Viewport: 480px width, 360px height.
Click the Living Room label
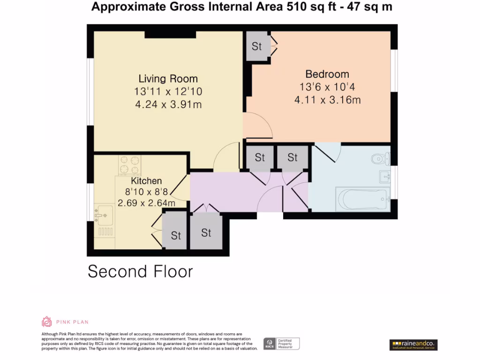coord(168,79)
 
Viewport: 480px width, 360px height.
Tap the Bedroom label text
coord(327,74)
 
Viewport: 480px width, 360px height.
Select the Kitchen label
coord(146,181)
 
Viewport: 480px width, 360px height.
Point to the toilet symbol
coord(380,159)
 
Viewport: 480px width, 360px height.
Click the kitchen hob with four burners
coord(129,165)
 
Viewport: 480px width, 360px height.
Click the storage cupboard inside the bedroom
coord(257,46)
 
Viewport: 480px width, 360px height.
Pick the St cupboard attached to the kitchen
coord(175,235)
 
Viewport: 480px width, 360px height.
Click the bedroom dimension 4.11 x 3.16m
coord(327,100)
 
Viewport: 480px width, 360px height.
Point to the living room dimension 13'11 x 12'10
coord(168,92)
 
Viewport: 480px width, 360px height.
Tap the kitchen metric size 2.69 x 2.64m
coord(146,203)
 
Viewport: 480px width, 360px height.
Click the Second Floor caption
coord(140,271)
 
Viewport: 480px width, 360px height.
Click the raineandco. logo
coord(413,345)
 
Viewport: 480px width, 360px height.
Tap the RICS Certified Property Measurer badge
coord(281,344)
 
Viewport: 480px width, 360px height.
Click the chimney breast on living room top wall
coord(170,34)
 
